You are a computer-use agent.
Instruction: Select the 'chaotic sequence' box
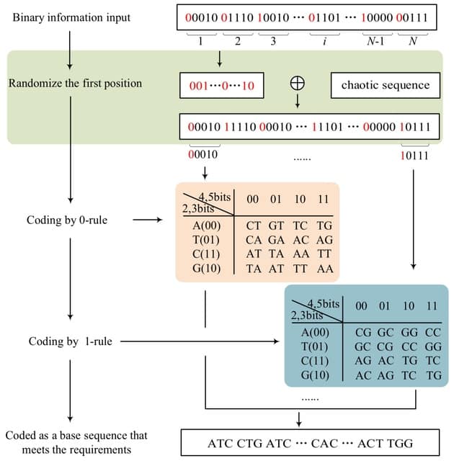385,85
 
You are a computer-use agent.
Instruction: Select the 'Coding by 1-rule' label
71,341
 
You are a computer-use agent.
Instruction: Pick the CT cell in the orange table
254,225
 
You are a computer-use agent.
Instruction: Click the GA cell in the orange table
277,238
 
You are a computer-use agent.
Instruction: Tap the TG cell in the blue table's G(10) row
434,376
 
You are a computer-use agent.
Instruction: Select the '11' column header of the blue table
431,305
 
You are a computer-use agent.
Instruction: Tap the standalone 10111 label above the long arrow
414,153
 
